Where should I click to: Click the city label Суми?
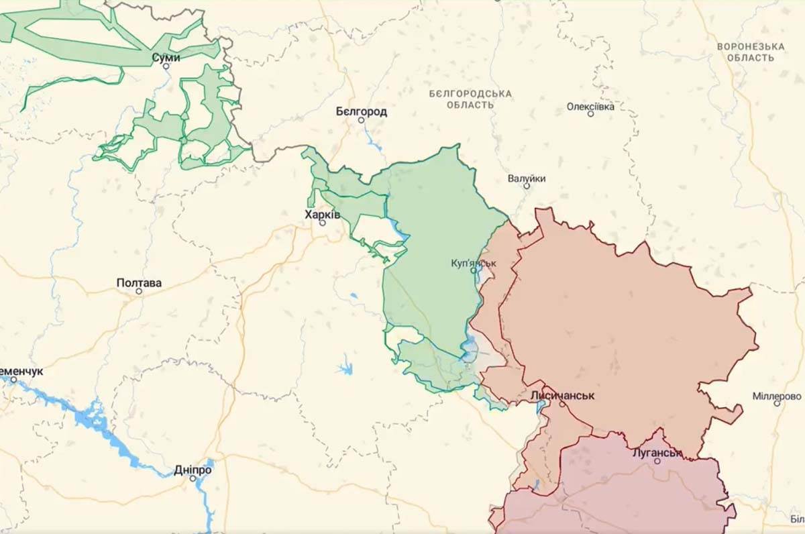point(166,58)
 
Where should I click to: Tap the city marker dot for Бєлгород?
point(361,120)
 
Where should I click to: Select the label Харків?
point(323,214)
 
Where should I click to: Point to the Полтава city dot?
point(139,291)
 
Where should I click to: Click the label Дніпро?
point(193,470)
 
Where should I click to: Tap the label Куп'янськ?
point(474,263)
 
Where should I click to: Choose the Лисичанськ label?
point(562,395)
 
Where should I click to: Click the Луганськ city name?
point(657,453)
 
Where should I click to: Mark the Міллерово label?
point(777,396)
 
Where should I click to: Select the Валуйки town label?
point(527,178)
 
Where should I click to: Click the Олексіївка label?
point(590,106)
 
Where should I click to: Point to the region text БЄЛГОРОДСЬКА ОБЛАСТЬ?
point(470,99)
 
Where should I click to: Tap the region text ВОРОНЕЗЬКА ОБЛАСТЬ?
point(750,52)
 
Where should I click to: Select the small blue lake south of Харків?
point(345,368)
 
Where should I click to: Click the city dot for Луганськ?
point(657,461)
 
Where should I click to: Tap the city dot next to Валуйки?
point(527,186)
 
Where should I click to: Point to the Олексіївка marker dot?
point(590,113)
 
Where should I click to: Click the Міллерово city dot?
point(777,403)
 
